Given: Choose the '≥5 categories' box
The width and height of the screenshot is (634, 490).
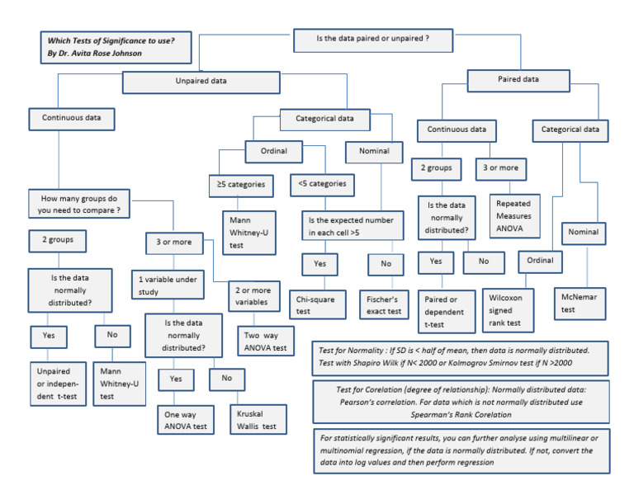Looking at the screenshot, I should (241, 185).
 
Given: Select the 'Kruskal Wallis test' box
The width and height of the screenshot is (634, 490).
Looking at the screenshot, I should (258, 419).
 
